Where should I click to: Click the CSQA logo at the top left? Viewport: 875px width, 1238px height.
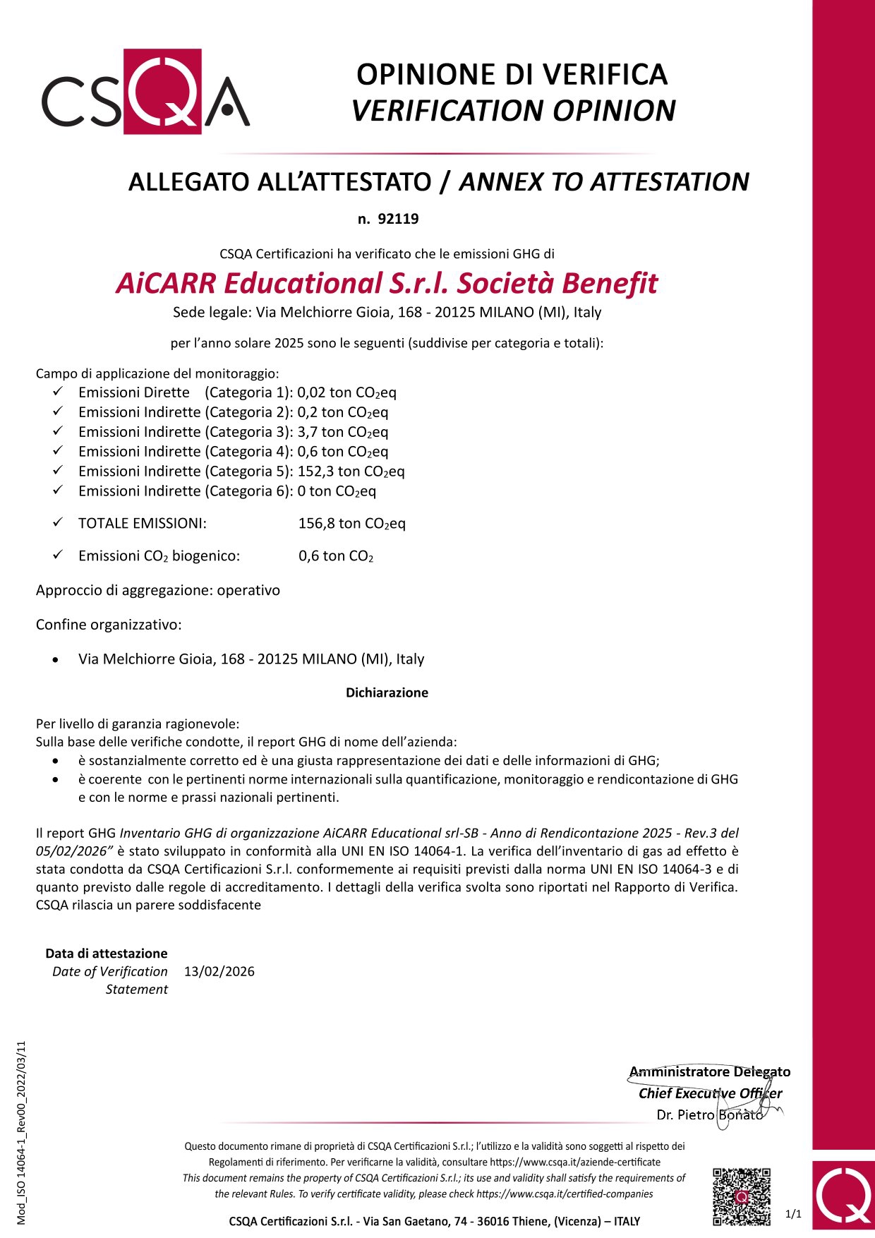(x=145, y=92)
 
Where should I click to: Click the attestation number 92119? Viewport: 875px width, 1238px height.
(x=398, y=219)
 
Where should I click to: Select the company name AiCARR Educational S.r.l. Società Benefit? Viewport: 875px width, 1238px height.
(x=387, y=283)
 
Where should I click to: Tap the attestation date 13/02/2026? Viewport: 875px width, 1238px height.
(x=219, y=971)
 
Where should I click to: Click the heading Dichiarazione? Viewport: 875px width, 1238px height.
(x=387, y=692)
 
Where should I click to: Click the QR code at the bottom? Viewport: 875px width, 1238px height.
(x=741, y=1196)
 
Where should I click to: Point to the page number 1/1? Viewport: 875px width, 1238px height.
(x=794, y=1213)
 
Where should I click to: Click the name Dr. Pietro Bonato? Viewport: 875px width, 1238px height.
(x=709, y=1114)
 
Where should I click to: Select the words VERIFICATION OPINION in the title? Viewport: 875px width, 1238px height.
(x=513, y=111)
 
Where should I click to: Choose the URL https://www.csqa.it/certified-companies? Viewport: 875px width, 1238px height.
(x=565, y=1194)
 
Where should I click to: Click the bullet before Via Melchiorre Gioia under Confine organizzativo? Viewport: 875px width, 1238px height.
(x=56, y=660)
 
